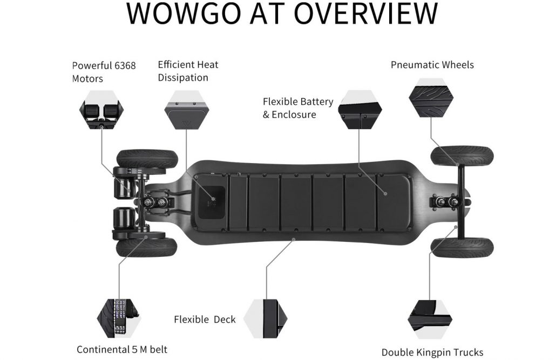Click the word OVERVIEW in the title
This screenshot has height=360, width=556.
[365, 13]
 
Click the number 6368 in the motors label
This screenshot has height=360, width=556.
[125, 66]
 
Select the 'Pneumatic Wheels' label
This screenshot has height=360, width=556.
[432, 65]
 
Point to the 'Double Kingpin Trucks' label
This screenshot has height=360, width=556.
[432, 352]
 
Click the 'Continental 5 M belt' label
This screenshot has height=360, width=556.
[122, 349]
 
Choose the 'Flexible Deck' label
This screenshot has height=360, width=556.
[205, 320]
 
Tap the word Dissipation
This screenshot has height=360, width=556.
[183, 78]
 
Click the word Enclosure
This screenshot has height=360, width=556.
[294, 114]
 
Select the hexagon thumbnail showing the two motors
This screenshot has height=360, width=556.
[102, 110]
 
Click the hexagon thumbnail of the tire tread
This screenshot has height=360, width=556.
[431, 98]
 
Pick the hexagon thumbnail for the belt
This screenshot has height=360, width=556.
[119, 318]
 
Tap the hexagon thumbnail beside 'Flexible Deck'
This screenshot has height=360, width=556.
[266, 318]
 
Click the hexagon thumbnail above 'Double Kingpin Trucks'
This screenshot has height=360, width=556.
[430, 319]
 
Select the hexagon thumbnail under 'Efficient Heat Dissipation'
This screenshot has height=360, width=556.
[187, 110]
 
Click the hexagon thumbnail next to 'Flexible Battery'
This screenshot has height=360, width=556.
[360, 109]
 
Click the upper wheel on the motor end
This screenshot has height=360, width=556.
[147, 158]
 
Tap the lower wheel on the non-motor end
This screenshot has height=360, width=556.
[462, 248]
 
